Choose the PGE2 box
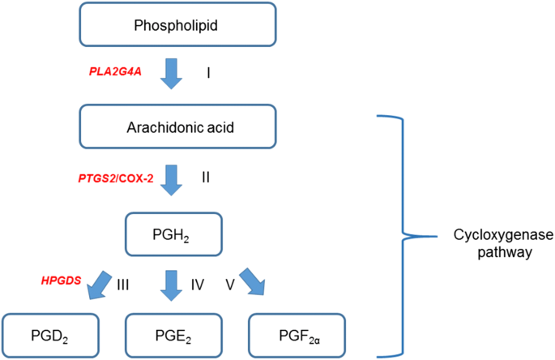(x=171, y=334)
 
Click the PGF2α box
(x=298, y=334)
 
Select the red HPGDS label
(x=62, y=281)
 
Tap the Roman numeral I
(x=208, y=73)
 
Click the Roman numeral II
(x=207, y=176)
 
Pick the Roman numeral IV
(x=198, y=285)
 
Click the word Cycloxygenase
(x=493, y=234)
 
